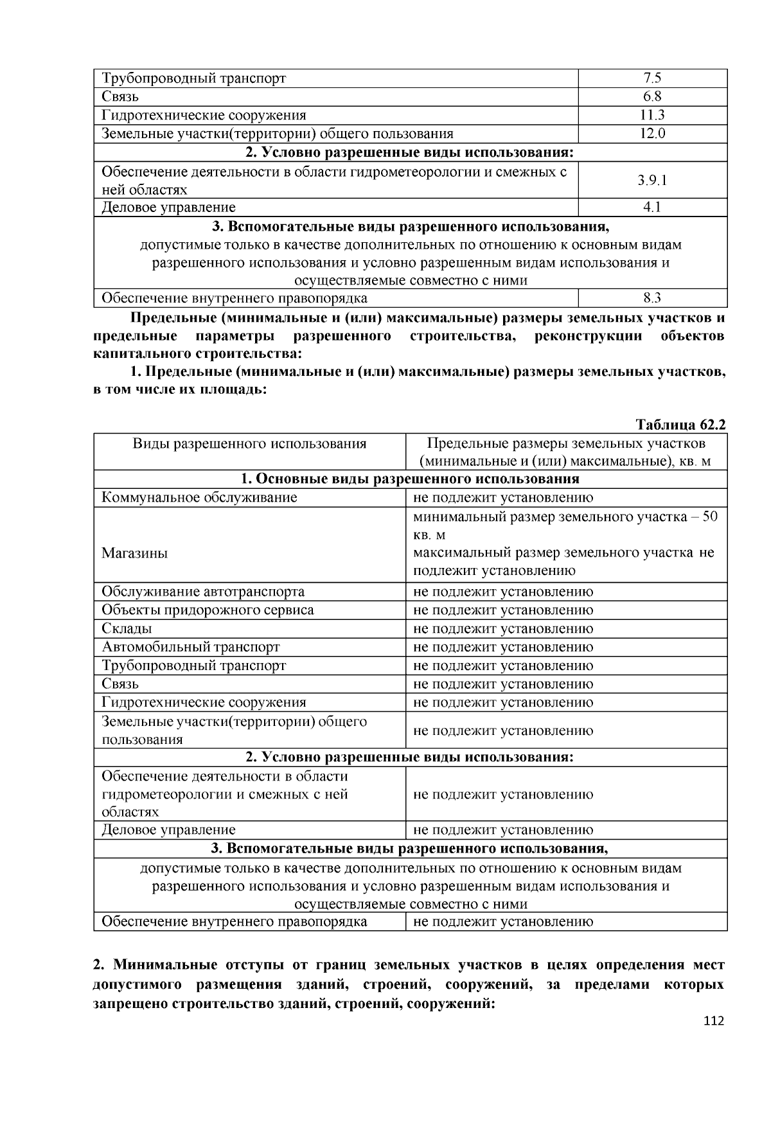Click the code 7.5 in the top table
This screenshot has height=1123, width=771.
(652, 78)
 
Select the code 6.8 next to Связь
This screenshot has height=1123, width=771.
(652, 97)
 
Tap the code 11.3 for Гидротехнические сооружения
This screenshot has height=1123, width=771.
(652, 115)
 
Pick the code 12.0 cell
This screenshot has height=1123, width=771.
(652, 134)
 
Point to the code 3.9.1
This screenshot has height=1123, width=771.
(652, 181)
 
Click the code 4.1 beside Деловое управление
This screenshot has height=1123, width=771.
(652, 207)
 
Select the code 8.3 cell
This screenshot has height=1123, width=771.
(652, 297)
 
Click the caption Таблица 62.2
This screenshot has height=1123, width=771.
(680, 425)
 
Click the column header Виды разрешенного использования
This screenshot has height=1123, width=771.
(249, 444)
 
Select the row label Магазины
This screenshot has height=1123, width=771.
(134, 553)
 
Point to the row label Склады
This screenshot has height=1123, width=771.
(127, 628)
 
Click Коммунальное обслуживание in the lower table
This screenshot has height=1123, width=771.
(199, 497)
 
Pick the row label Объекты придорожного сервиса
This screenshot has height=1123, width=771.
(208, 610)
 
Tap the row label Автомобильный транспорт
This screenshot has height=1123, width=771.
(191, 647)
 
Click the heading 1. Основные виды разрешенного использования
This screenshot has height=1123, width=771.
(410, 479)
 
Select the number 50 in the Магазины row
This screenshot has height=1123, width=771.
(709, 517)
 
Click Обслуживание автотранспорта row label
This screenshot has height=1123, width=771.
(203, 591)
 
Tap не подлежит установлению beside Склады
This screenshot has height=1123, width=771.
(503, 628)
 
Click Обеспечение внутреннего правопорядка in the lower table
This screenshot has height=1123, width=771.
(235, 922)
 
